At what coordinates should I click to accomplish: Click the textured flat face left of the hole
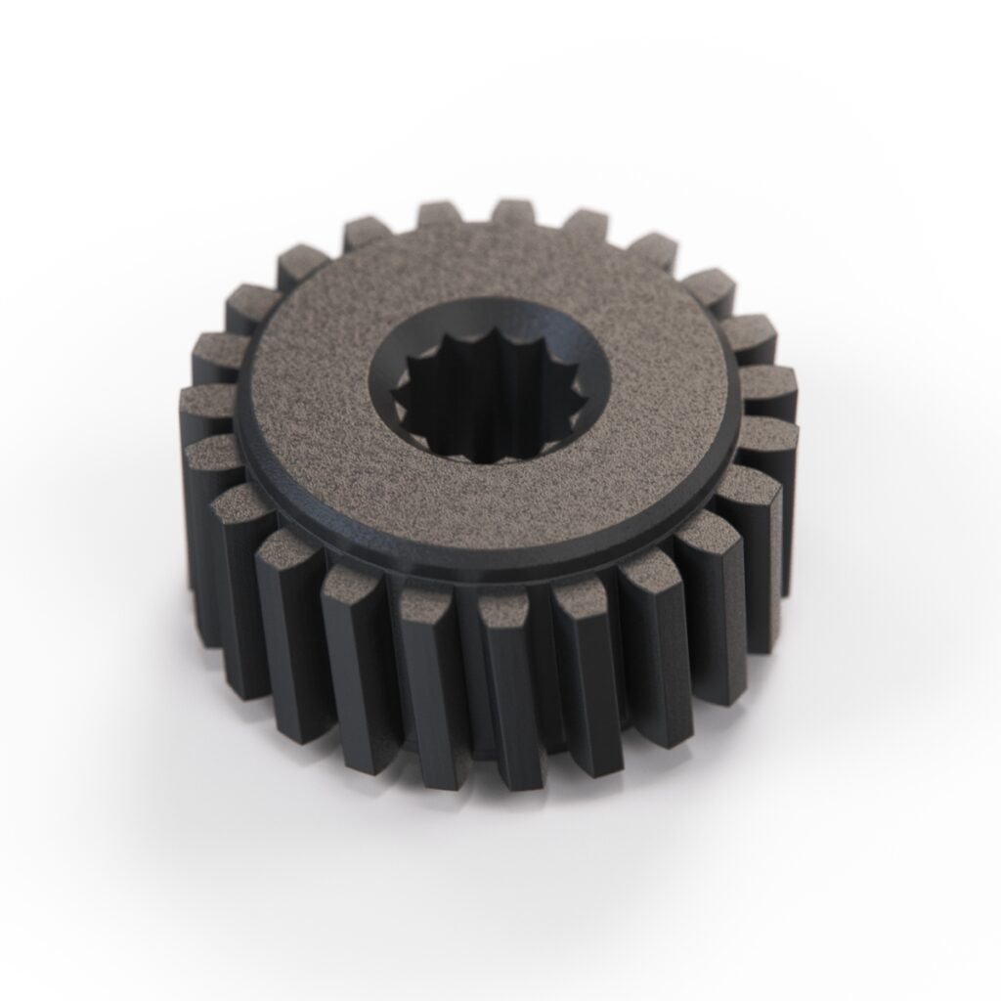(303, 391)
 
